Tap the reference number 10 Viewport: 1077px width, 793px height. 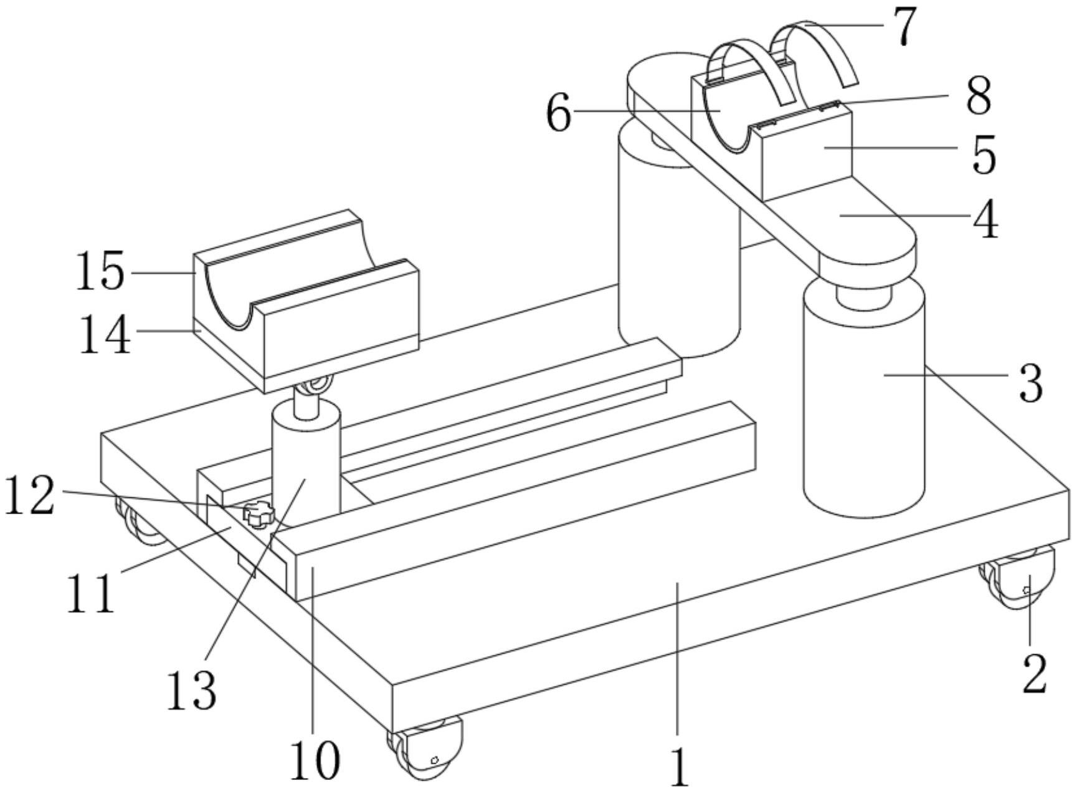[x=315, y=761]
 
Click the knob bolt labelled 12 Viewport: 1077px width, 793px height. [x=259, y=514]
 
